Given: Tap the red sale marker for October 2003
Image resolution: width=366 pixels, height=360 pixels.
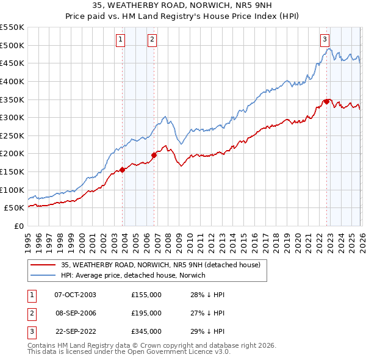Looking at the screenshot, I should [x=123, y=170].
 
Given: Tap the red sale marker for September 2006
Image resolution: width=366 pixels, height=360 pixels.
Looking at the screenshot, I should [x=154, y=155].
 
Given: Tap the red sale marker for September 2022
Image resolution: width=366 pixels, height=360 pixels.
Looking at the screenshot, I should [x=326, y=101].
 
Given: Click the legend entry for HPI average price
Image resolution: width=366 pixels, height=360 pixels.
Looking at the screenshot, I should [x=133, y=275].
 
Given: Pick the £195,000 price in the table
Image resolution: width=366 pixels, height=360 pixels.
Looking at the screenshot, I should [x=146, y=313].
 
